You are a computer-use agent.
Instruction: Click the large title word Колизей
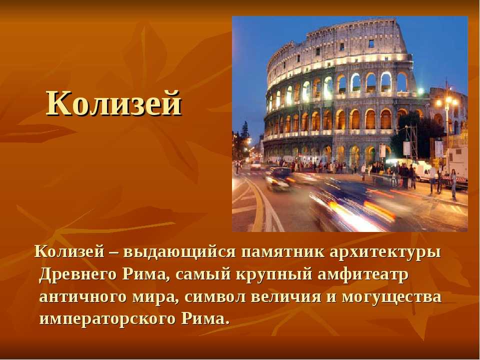pyautogui.click(x=114, y=103)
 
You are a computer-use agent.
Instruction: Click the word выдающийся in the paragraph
pyautogui.click(x=179, y=252)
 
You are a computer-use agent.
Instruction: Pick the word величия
pyautogui.click(x=286, y=297)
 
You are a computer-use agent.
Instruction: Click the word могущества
pyautogui.click(x=391, y=297)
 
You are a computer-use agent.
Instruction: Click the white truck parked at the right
pyautogui.click(x=456, y=164)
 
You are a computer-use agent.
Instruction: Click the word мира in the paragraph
pyautogui.click(x=156, y=297)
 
